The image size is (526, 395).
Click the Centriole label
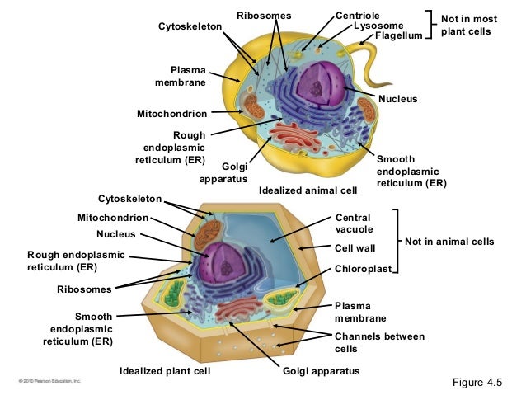tap(357, 16)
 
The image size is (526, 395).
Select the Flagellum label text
tap(398, 36)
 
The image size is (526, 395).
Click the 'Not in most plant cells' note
tap(466, 25)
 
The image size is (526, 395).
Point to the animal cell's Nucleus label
tap(398, 99)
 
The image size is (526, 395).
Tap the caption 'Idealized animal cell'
tap(308, 190)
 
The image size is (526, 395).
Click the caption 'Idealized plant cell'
tap(165, 371)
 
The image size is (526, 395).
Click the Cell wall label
tap(355, 247)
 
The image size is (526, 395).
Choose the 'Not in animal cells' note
tap(449, 242)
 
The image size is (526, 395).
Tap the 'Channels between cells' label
tap(379, 342)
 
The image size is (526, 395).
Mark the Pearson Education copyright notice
tap(46, 382)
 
